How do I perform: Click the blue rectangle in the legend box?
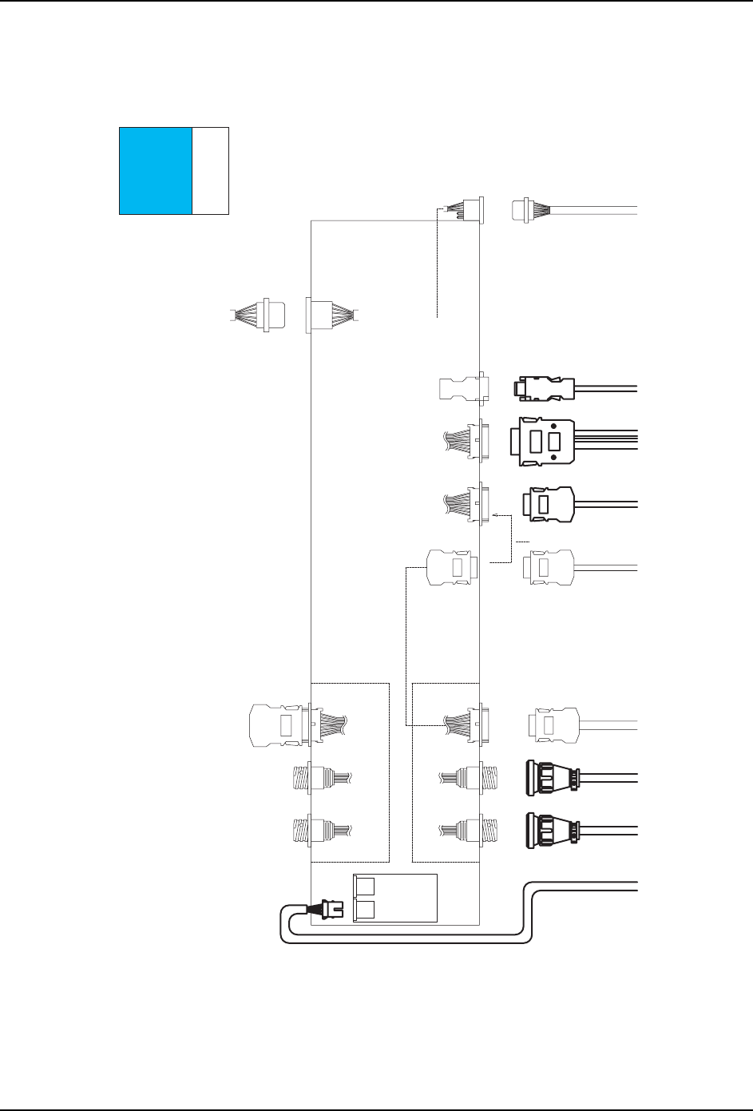156,170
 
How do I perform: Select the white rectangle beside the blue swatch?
211,170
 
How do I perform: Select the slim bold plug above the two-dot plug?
543,389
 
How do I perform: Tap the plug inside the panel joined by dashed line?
452,567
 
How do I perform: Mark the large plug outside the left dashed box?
275,725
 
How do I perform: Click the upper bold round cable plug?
551,777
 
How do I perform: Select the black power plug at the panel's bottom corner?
331,910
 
